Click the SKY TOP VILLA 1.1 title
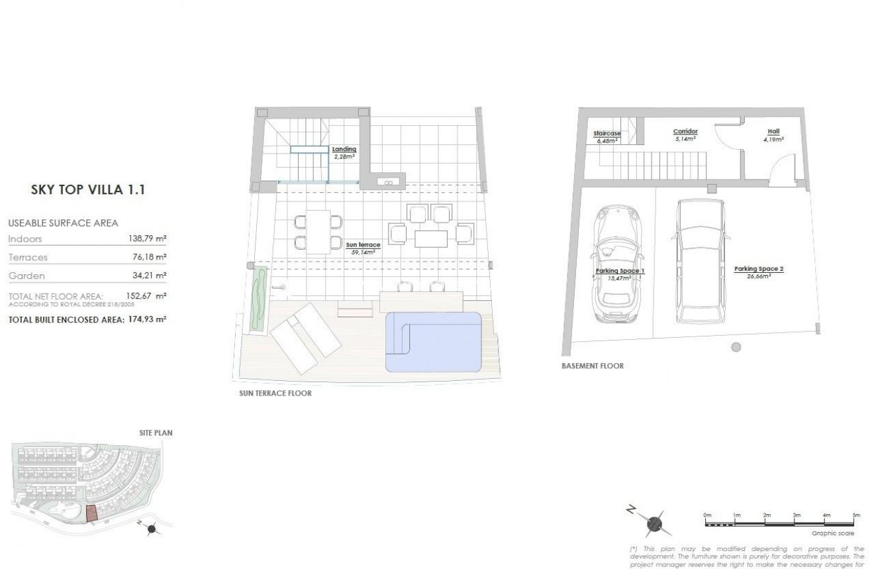pos(88,190)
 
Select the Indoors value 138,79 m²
pos(146,239)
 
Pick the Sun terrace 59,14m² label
pos(363,248)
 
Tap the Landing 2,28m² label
pos(344,153)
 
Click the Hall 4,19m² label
pos(773,135)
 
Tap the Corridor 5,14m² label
pos(685,135)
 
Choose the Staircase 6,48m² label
pos(607,137)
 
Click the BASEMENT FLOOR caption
pos(592,366)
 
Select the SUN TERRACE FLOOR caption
pos(275,393)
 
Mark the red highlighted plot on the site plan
pos(91,513)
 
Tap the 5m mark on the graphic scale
pos(855,515)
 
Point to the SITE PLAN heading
pos(156,433)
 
